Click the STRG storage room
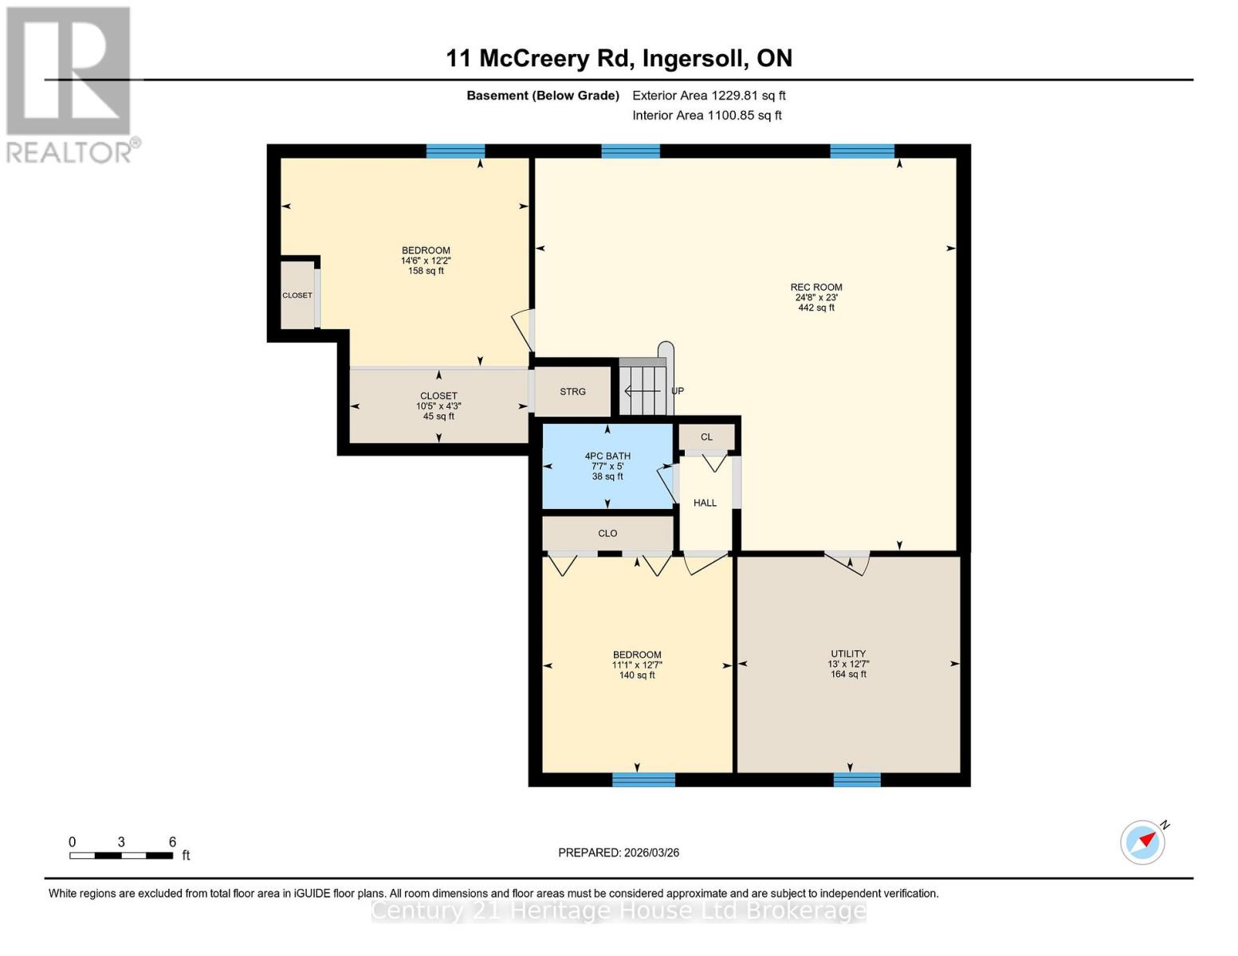pyautogui.click(x=572, y=392)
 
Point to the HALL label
pyautogui.click(x=705, y=503)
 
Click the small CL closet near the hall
pyautogui.click(x=706, y=437)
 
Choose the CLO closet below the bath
pyautogui.click(x=607, y=534)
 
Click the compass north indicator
pyautogui.click(x=1143, y=841)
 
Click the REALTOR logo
pyautogui.click(x=70, y=84)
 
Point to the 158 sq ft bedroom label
pyautogui.click(x=426, y=261)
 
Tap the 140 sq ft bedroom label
pyautogui.click(x=637, y=664)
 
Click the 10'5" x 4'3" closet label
pyautogui.click(x=438, y=406)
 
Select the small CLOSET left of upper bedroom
pyautogui.click(x=297, y=296)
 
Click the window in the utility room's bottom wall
pyautogui.click(x=857, y=779)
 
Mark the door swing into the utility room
pyautogui.click(x=847, y=562)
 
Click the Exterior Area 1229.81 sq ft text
pyautogui.click(x=709, y=96)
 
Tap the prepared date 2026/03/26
pyautogui.click(x=619, y=852)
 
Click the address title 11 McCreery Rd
pyautogui.click(x=619, y=58)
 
